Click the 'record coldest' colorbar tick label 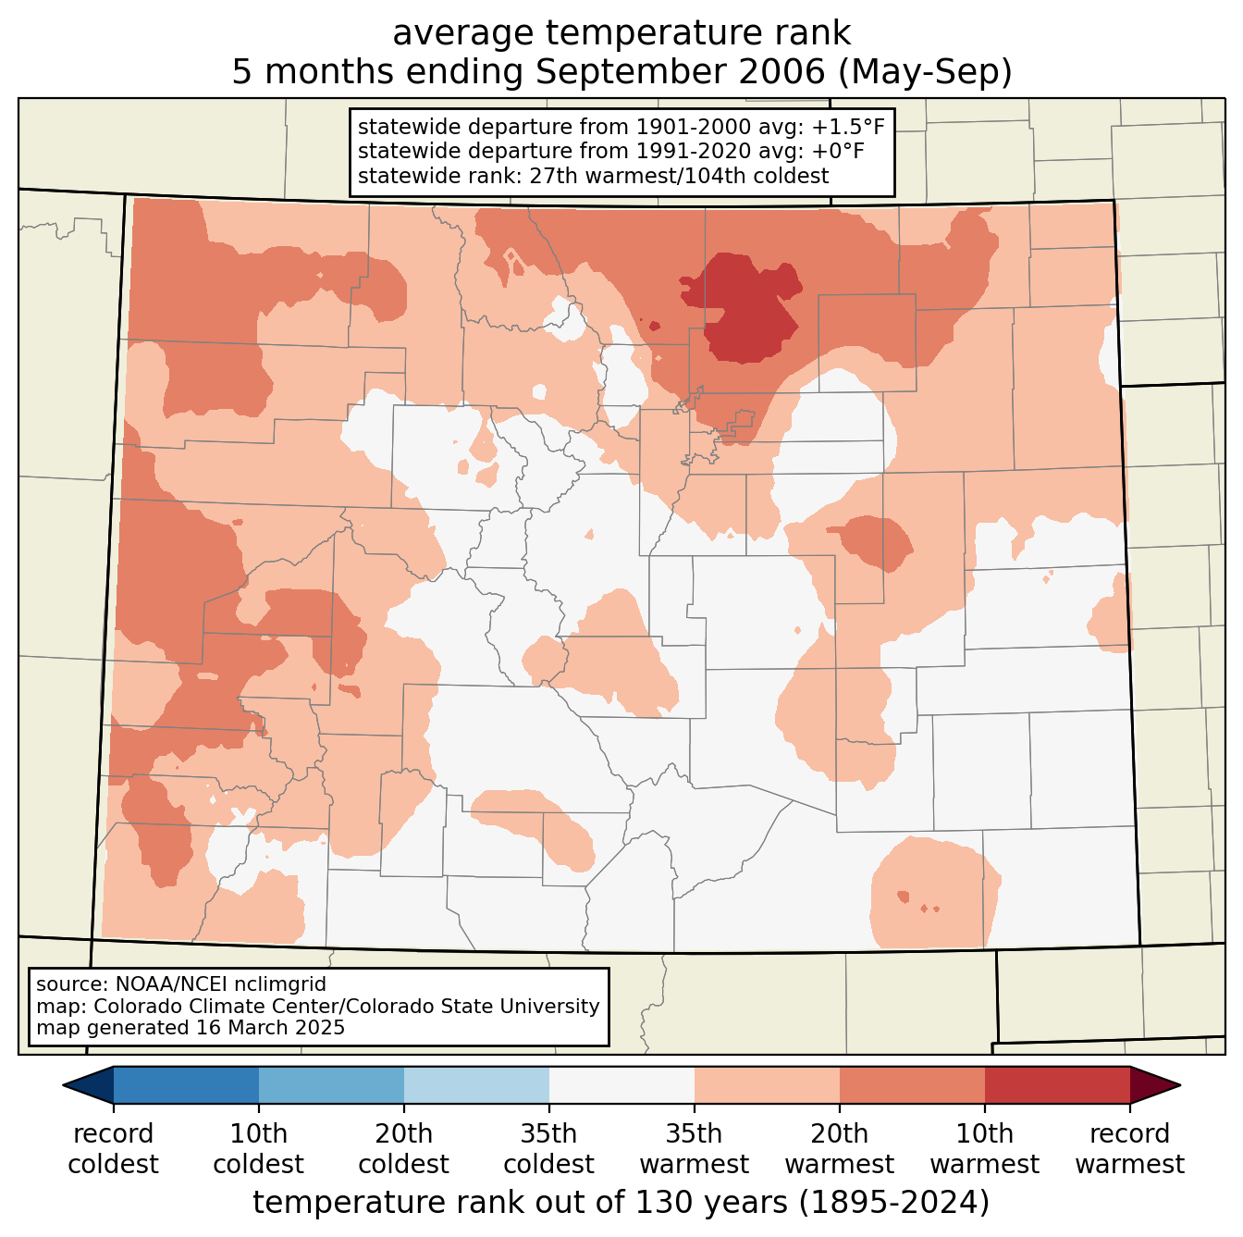pyautogui.click(x=113, y=1149)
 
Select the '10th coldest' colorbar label pyautogui.click(x=258, y=1149)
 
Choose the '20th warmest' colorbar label pyautogui.click(x=839, y=1149)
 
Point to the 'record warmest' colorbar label pyautogui.click(x=1129, y=1149)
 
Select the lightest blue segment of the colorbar pyautogui.click(x=476, y=1085)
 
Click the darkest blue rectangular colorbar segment pyautogui.click(x=187, y=1085)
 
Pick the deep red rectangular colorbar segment pyautogui.click(x=1057, y=1085)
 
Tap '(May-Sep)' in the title pyautogui.click(x=924, y=71)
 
